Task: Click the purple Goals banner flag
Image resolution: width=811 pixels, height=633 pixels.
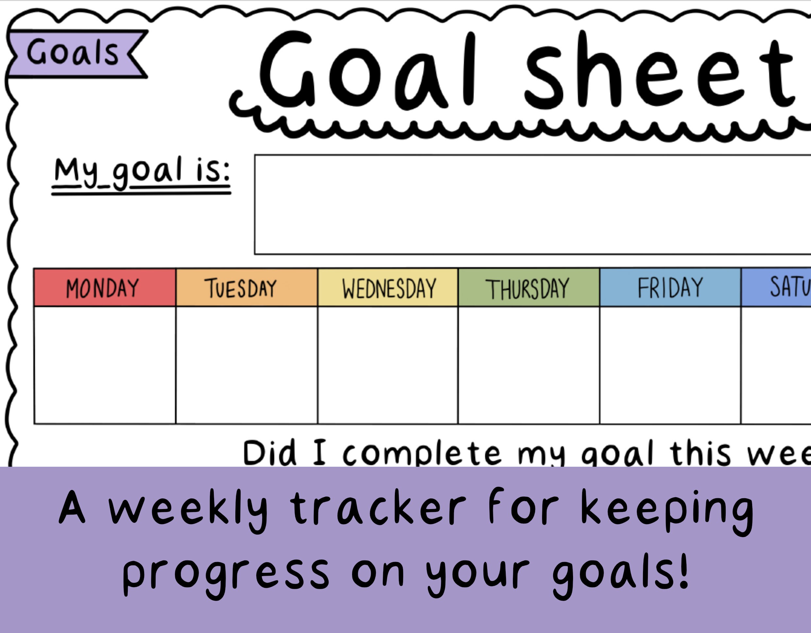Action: coord(74,54)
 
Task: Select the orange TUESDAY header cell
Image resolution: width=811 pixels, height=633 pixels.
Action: coord(246,288)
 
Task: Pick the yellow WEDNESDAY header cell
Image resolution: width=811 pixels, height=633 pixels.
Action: coord(388,288)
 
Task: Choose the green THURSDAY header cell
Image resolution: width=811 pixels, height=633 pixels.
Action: coord(529,288)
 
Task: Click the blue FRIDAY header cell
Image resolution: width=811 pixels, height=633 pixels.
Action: coord(670,288)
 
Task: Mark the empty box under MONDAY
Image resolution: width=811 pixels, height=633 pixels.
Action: coord(104,365)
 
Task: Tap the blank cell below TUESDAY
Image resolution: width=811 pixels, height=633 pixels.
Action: coord(246,365)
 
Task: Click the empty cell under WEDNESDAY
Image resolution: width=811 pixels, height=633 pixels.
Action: coord(388,365)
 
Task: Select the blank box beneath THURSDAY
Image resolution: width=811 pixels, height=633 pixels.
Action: coord(529,365)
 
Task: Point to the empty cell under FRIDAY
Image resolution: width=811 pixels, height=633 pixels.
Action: coord(670,365)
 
